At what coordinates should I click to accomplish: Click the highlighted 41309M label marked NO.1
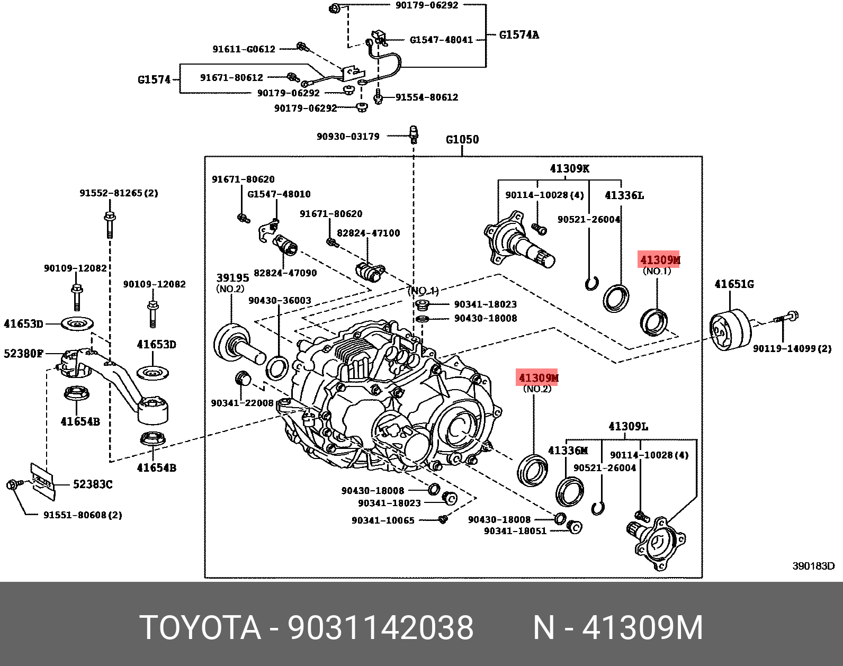coord(659,260)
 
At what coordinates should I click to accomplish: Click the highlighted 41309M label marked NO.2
coord(539,377)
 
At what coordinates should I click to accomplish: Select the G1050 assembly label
coord(462,139)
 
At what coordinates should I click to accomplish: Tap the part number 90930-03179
coord(348,136)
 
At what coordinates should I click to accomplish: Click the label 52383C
coord(92,484)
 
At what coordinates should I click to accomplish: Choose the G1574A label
coord(519,35)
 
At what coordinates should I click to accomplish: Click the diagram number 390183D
coord(813,566)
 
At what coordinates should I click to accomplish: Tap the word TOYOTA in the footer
coord(200,628)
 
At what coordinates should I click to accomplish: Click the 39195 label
coord(232,278)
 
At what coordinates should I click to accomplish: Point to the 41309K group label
coord(569,168)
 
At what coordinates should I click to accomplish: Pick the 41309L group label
coord(628,426)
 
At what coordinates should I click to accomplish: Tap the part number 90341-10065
coord(383,520)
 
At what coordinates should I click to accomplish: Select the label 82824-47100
coord(369,233)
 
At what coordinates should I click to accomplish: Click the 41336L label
coord(624,195)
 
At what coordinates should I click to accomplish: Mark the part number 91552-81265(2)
coord(119,193)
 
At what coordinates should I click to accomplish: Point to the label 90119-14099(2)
coord(792,348)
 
